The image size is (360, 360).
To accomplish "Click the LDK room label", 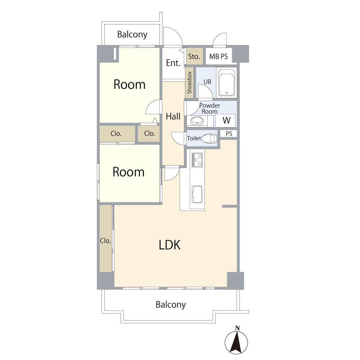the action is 170,245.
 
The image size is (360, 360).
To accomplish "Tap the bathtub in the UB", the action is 226,83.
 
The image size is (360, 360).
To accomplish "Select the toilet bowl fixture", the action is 210,139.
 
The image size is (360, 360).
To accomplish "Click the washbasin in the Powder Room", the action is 197,121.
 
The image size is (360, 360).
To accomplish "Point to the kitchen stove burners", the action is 197,160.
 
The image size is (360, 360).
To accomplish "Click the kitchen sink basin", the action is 197,194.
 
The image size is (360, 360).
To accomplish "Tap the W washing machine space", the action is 225,121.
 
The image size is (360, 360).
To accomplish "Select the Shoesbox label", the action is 189,83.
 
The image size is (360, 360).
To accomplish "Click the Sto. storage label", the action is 194,57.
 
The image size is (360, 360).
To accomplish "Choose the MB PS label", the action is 219,57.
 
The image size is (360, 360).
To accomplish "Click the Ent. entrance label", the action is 174,63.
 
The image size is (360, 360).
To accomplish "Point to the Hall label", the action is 173,116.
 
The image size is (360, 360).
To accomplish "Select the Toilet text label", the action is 194,138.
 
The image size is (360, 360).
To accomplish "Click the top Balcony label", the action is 132,35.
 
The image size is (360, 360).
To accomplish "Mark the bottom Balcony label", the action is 171,305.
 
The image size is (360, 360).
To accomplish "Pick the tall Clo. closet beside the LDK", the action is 105,239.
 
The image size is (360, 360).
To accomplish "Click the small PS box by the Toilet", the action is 229,134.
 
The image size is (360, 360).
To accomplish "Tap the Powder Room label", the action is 210,108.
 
